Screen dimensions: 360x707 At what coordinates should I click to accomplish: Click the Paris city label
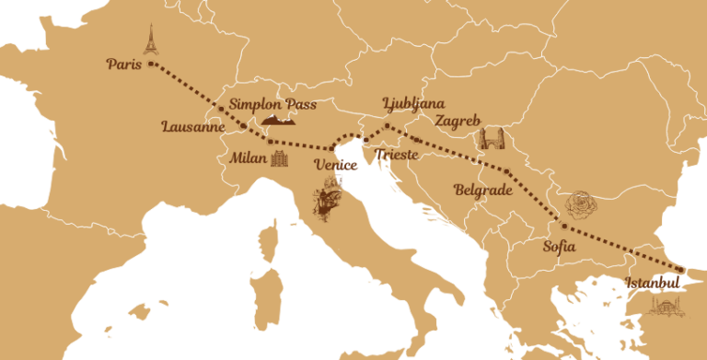123,64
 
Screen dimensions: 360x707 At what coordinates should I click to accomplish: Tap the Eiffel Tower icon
150,39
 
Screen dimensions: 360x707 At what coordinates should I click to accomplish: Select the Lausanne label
191,127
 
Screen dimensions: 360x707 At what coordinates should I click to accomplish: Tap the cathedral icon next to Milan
280,159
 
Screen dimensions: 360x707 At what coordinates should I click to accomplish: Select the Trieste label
397,155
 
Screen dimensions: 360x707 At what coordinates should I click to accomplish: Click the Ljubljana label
413,102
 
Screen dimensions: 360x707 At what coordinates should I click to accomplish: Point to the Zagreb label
458,121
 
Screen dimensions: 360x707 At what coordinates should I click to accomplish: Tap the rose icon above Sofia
582,204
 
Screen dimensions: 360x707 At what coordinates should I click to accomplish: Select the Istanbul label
652,281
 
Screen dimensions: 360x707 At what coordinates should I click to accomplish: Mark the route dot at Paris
150,64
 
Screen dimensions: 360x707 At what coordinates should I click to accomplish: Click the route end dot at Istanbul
679,270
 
